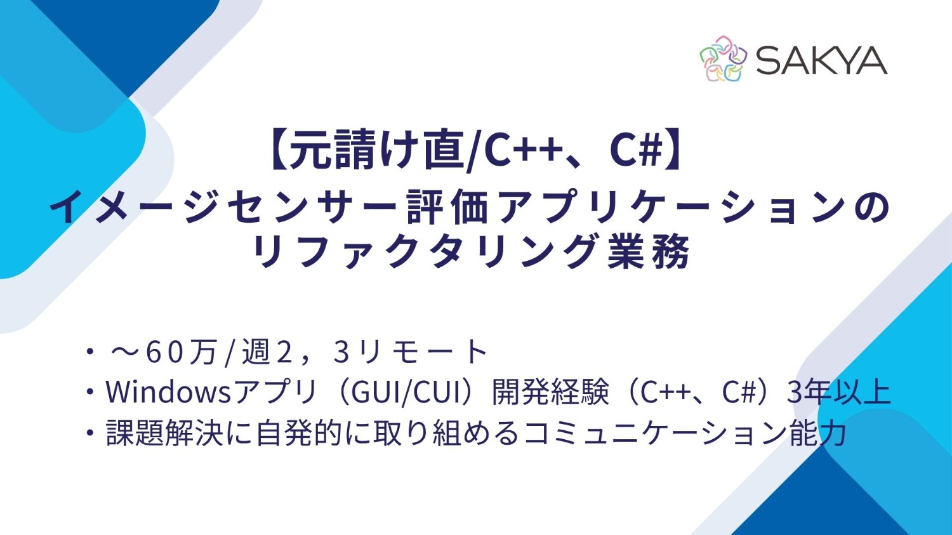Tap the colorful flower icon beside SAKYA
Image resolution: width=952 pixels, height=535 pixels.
723,59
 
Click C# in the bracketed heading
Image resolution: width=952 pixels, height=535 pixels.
635,150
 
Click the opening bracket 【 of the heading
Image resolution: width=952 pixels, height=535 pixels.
276,150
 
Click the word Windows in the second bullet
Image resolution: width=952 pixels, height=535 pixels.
168,392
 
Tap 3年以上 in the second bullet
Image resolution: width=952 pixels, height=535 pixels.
838,392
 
